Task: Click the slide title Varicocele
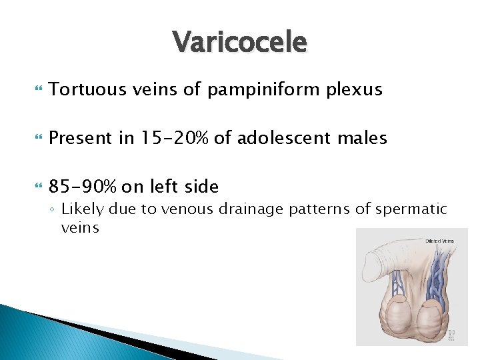240,43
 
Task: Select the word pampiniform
265,89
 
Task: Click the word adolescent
289,138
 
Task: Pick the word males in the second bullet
364,138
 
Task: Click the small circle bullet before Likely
53,210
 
